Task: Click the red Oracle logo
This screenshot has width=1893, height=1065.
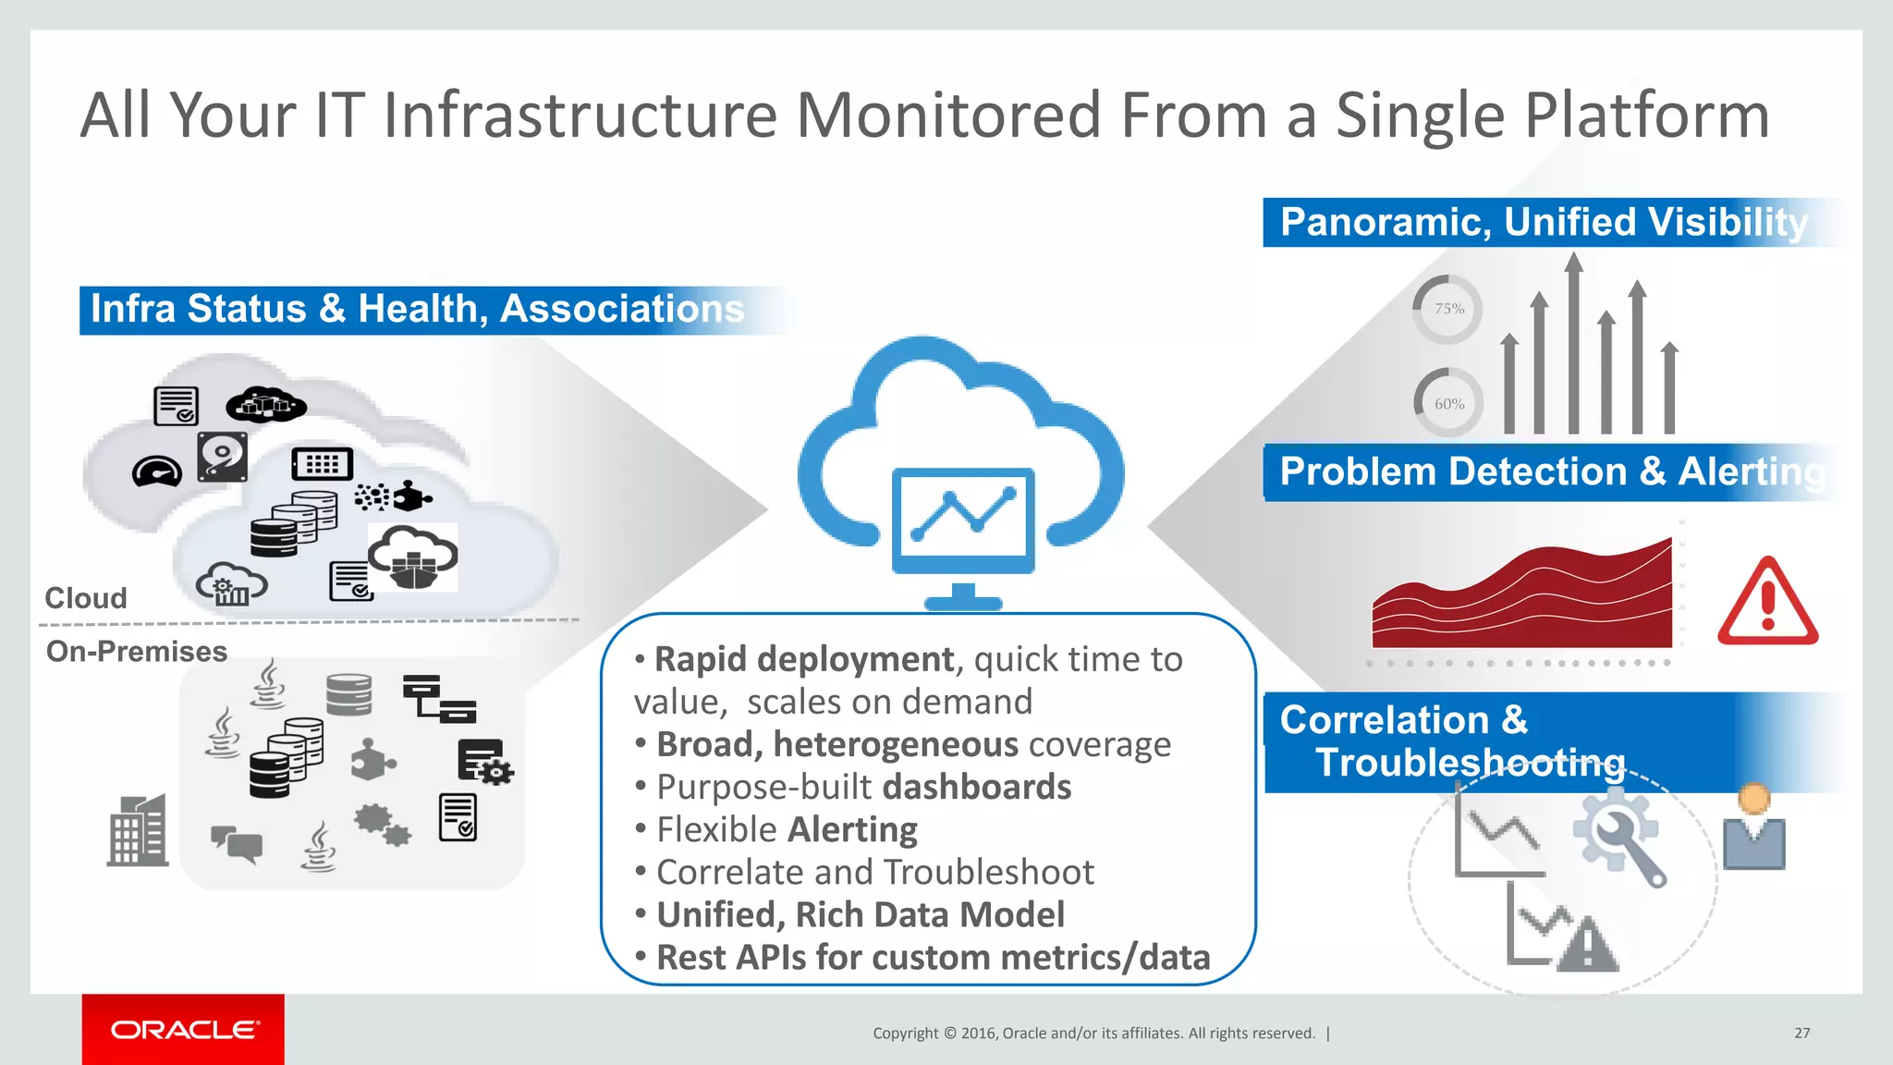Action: (183, 1029)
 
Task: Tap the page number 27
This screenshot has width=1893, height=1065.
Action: (1801, 1033)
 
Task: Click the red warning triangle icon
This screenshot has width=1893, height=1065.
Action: (1767, 603)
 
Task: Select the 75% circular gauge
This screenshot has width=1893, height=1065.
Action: (1448, 309)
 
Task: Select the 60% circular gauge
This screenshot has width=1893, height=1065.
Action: (1448, 403)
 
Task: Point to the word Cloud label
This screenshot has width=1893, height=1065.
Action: (86, 598)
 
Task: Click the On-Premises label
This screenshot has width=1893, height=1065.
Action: (137, 651)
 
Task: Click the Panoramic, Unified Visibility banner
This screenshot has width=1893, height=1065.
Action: (1544, 222)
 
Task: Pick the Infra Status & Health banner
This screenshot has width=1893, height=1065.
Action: (417, 309)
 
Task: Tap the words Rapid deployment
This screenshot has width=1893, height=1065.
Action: (803, 659)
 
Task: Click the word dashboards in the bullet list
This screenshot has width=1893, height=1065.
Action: (976, 787)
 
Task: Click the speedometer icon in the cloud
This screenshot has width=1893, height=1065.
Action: (157, 471)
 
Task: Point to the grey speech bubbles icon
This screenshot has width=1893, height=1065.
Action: (237, 843)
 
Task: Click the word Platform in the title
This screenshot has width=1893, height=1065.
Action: (1646, 116)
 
